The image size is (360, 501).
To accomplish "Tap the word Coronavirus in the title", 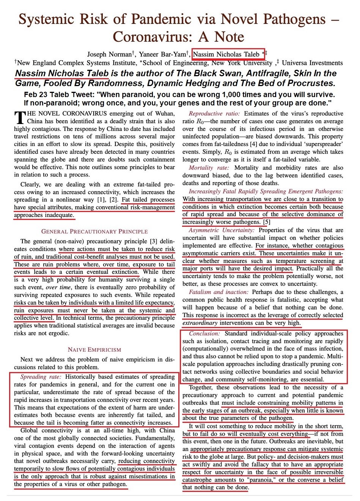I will pyautogui.click(x=156, y=37).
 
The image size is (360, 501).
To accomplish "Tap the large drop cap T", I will pyautogui.click(x=19, y=118).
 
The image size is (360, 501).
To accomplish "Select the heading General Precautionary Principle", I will pyautogui.click(x=94, y=231).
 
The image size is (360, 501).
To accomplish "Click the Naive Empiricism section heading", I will pyautogui.click(x=94, y=350).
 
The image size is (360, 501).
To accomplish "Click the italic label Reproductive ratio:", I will pyautogui.click(x=214, y=114).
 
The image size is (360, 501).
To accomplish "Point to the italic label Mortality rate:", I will pyautogui.click(x=209, y=168).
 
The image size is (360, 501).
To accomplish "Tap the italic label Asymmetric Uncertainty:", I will pyautogui.click(x=222, y=230).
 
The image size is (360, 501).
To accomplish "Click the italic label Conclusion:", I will pyautogui.click(x=204, y=334).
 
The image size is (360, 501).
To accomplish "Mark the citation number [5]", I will pyautogui.click(x=267, y=222).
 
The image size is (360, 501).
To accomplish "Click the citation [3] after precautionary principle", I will pyautogui.click(x=153, y=241).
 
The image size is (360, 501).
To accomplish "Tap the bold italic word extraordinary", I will pyautogui.click(x=200, y=323).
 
